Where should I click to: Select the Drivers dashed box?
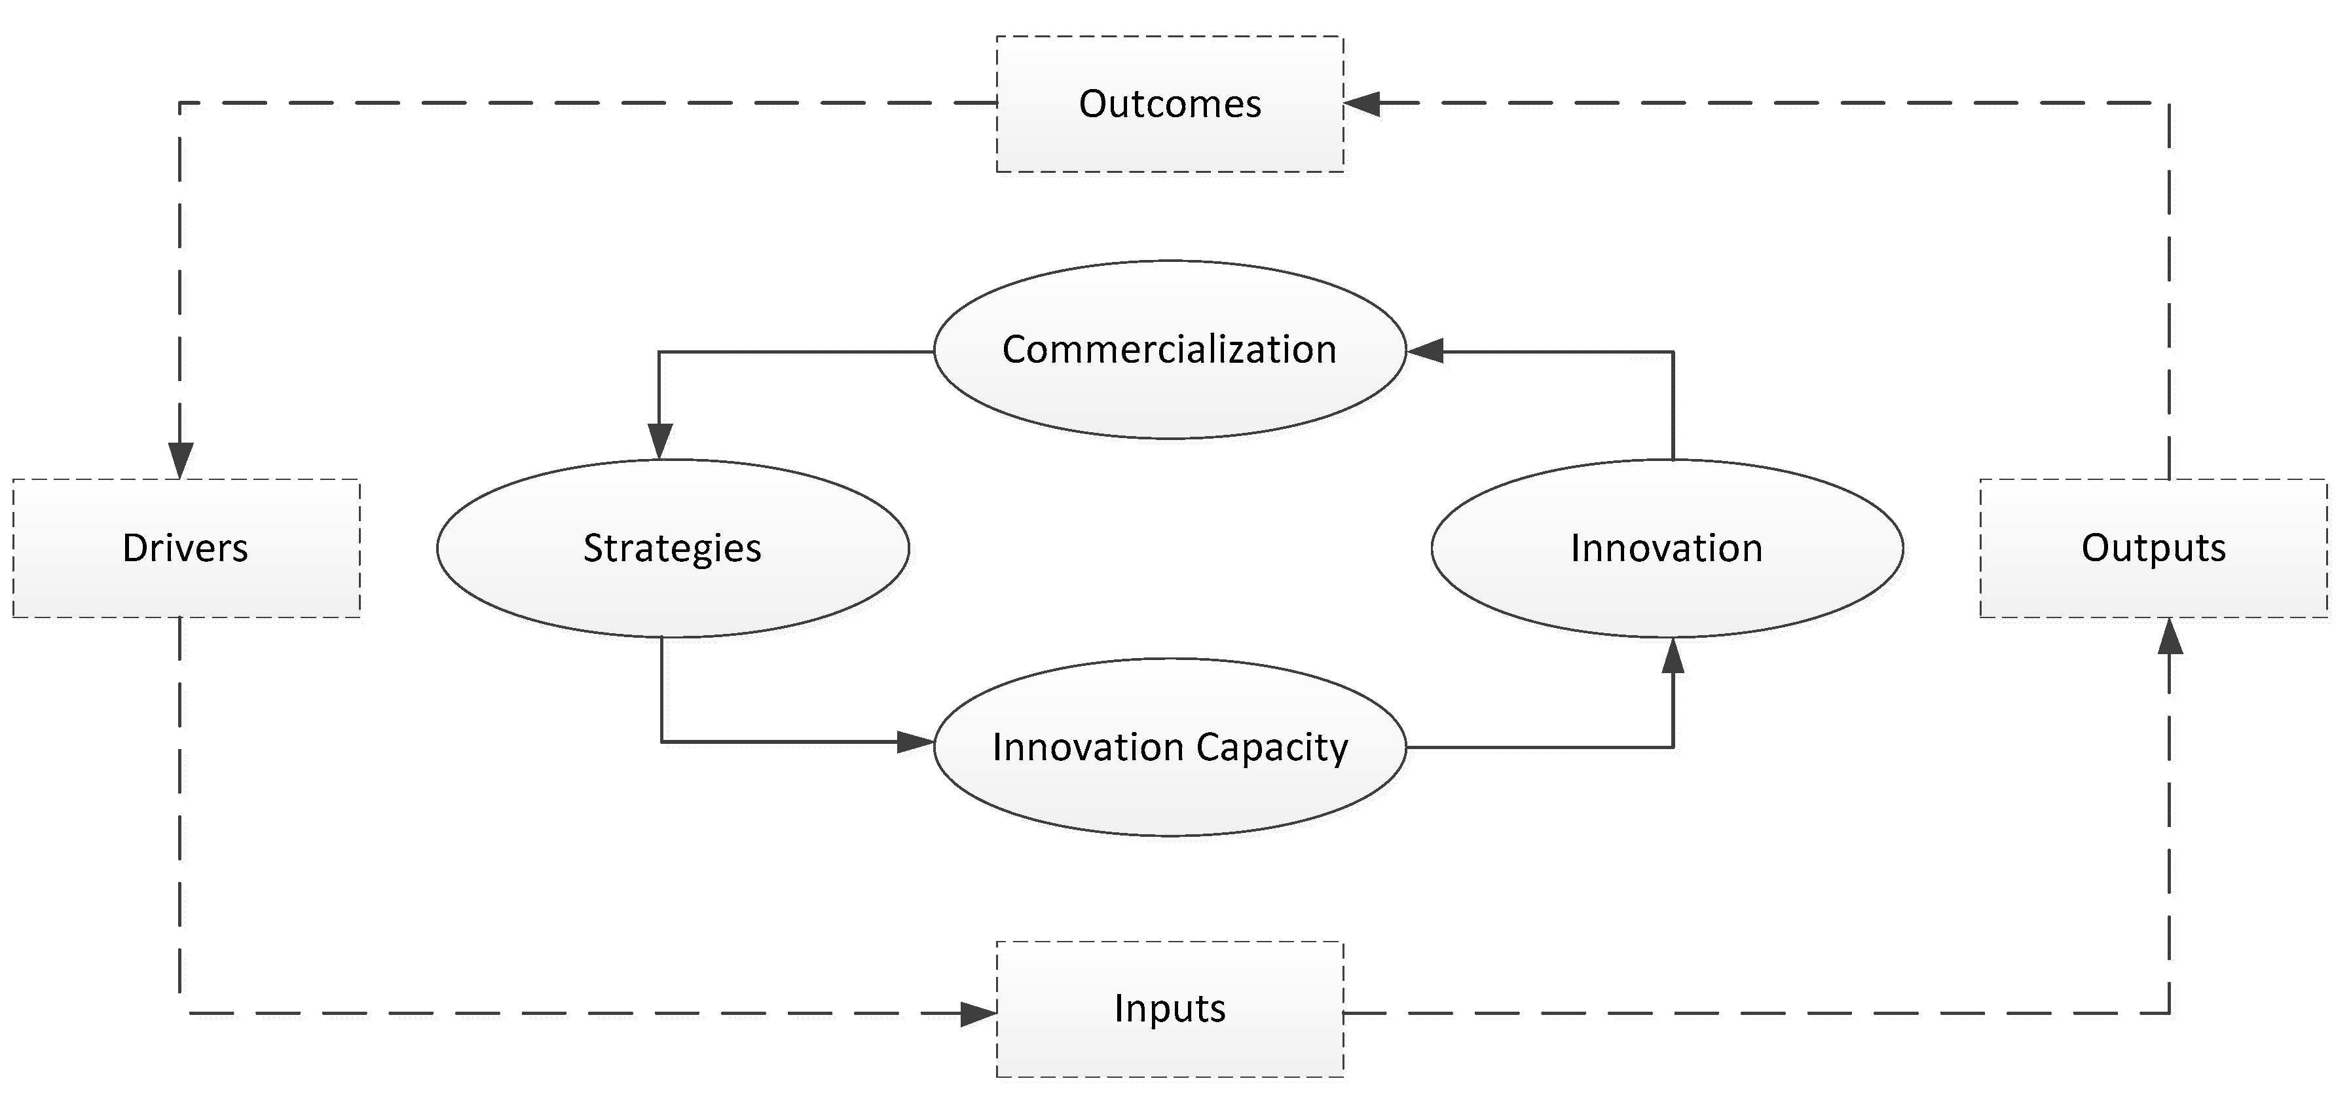(x=186, y=548)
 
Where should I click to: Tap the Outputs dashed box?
(x=2153, y=548)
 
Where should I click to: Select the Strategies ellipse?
(x=673, y=548)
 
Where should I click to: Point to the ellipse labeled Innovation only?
(x=1667, y=548)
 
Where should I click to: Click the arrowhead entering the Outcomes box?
(x=1361, y=104)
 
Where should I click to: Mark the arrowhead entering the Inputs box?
(x=978, y=1013)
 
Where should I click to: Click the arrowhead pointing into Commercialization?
(x=1424, y=351)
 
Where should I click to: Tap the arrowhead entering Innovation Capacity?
(x=916, y=742)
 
